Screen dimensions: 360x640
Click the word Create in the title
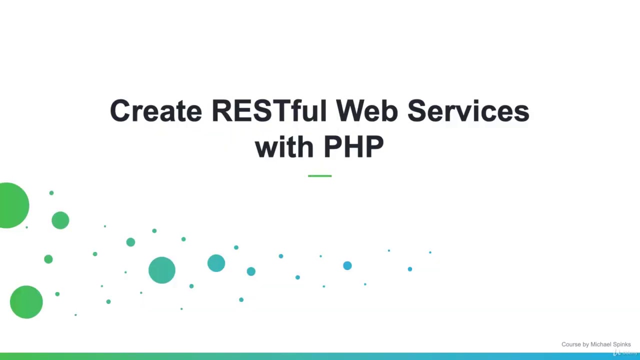(x=155, y=111)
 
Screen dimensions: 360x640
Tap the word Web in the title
(x=366, y=111)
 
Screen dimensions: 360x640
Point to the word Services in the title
(x=468, y=111)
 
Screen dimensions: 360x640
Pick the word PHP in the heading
(x=353, y=147)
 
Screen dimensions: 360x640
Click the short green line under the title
(x=319, y=176)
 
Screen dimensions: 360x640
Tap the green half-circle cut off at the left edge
(x=13, y=205)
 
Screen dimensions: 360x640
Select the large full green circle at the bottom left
(x=26, y=302)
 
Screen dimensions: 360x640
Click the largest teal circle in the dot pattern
(x=162, y=270)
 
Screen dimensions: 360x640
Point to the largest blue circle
(x=347, y=265)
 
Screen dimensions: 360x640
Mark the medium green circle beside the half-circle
(x=60, y=220)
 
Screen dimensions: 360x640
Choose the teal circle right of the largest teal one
(x=216, y=263)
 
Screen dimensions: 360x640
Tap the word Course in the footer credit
(x=571, y=344)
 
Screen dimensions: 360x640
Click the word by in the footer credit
(x=586, y=344)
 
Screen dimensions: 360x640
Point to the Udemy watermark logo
(x=625, y=353)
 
